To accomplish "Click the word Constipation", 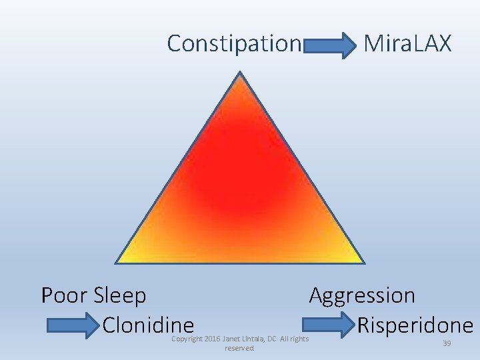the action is [234, 44].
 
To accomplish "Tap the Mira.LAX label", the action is [407, 44].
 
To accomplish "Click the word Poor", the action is [65, 295].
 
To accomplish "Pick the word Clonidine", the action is [148, 325].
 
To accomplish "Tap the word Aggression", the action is [362, 295].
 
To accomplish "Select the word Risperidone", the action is [415, 325].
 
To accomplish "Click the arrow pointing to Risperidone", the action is [329, 326].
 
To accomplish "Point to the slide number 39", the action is [447, 343].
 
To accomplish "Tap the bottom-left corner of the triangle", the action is [116, 263].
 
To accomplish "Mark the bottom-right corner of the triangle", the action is [364, 263].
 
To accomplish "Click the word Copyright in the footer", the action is [187, 339].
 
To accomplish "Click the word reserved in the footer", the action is [239, 348].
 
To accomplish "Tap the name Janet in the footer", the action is [231, 339].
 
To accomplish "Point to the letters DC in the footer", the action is [272, 339].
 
